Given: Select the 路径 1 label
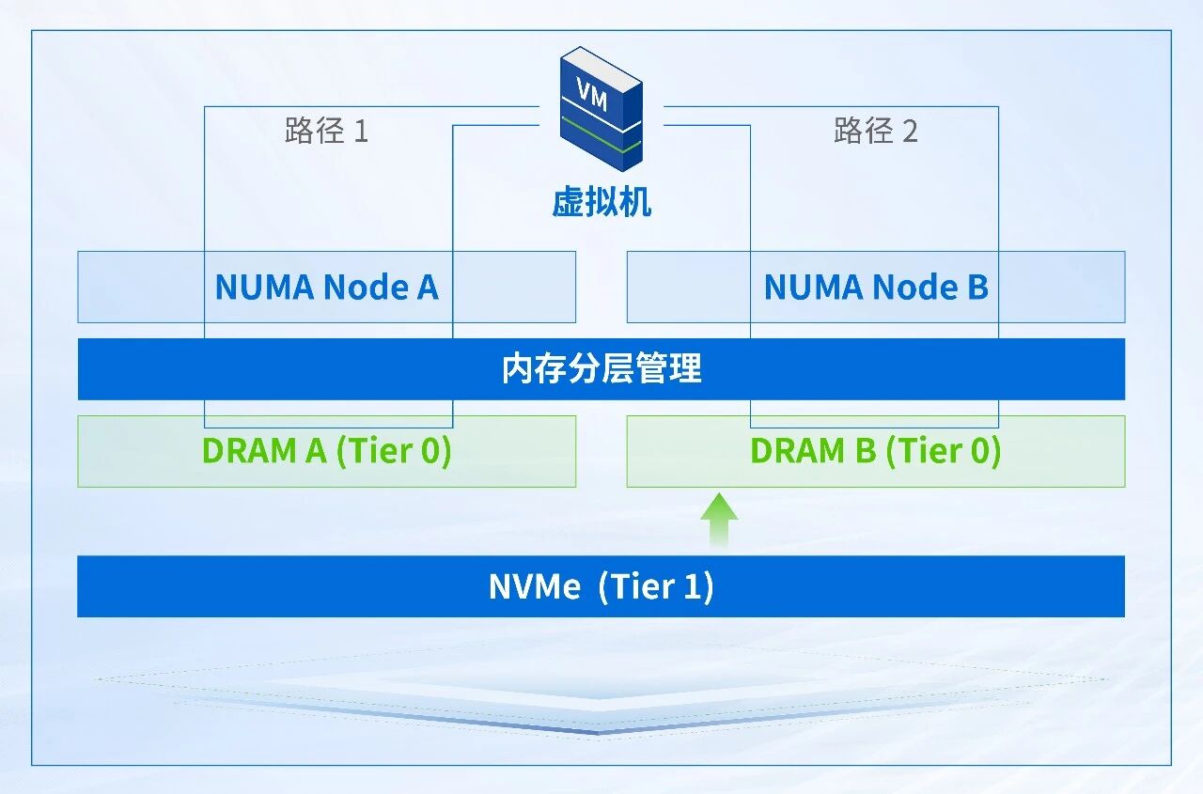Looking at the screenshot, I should click(x=326, y=131).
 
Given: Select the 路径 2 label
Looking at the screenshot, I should click(x=875, y=131).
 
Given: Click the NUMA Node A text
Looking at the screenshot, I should click(x=326, y=287).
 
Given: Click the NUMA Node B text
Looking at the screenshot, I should click(x=876, y=287).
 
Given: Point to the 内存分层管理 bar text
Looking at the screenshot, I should click(x=601, y=369).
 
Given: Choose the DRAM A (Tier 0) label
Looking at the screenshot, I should click(x=326, y=451).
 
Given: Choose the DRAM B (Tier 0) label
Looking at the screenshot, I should click(x=875, y=451).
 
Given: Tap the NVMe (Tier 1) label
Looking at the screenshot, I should click(x=601, y=586).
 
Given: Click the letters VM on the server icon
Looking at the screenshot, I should click(x=592, y=94).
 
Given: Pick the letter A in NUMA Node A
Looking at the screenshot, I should click(x=428, y=287).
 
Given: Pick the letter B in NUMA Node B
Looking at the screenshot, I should click(x=977, y=287).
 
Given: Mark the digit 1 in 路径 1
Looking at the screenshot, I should click(x=361, y=132).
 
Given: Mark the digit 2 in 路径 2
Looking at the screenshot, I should click(x=909, y=132).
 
